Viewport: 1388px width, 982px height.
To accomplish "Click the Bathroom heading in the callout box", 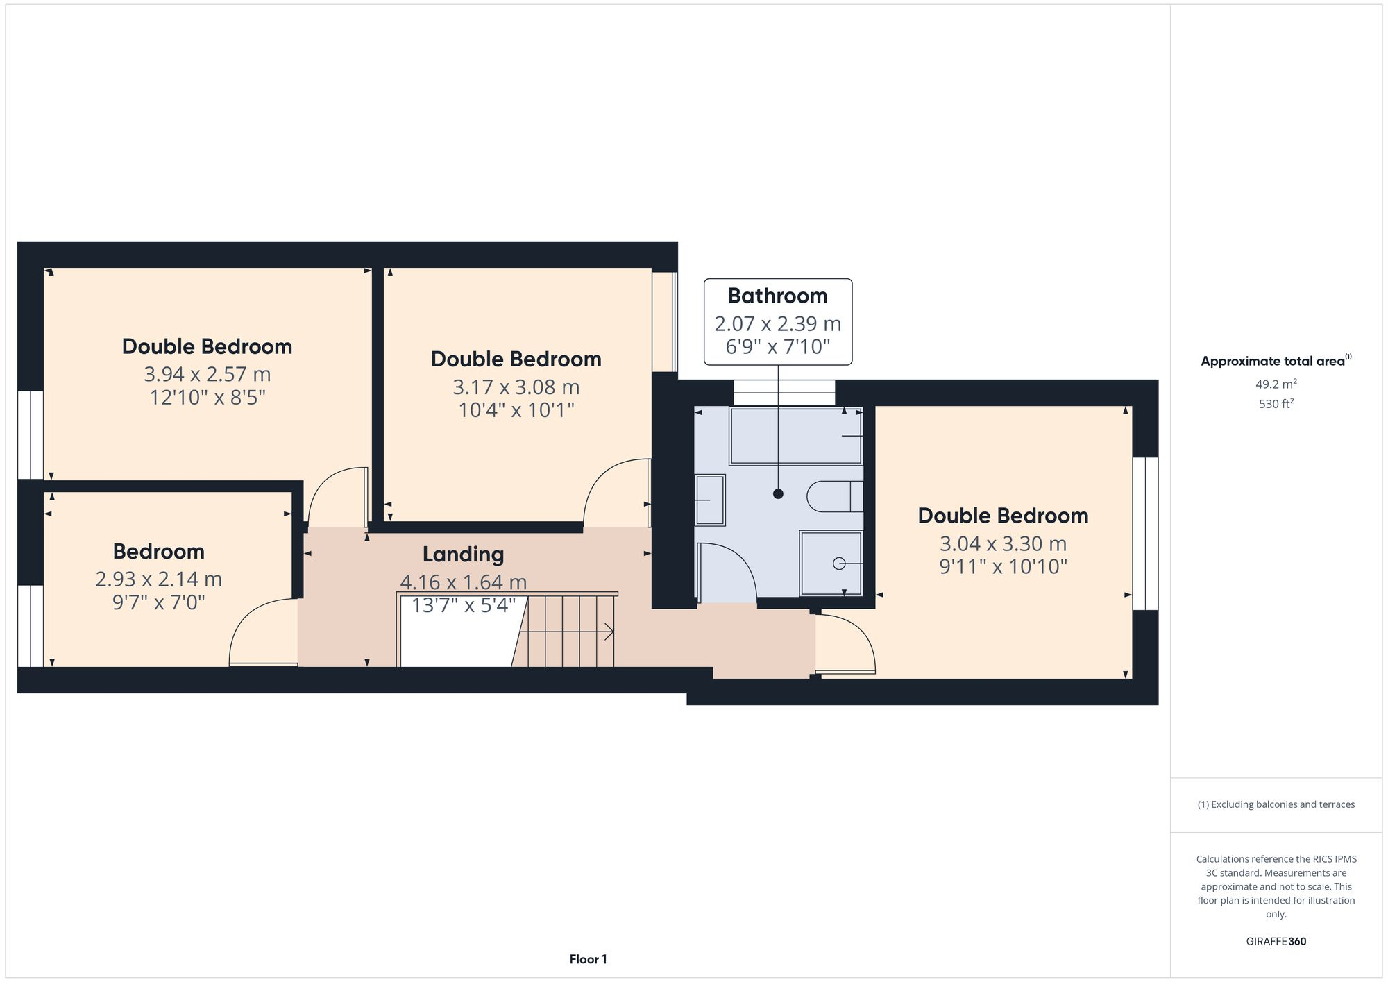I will (777, 296).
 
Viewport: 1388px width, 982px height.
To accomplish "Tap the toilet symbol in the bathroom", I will (833, 496).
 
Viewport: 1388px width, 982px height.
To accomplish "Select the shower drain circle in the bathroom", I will (838, 564).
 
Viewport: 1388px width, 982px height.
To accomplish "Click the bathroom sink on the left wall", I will (710, 500).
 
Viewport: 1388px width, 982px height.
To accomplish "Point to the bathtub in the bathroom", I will (795, 436).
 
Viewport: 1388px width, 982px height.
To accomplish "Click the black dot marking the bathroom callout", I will (778, 494).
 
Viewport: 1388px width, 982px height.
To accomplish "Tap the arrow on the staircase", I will (608, 632).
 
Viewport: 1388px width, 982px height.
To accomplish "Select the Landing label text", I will (463, 555).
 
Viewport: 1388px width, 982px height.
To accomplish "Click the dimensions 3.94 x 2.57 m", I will (207, 375).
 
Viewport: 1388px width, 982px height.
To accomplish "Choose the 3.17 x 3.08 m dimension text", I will (516, 387).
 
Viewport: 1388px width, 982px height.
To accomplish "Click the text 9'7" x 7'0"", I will (159, 602).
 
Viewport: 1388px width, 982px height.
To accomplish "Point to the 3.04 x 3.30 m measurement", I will (1003, 544).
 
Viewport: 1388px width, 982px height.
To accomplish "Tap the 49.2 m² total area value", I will (1276, 384).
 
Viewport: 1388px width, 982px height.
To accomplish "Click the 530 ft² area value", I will (1276, 404).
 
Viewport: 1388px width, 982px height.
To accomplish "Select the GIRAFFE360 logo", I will (1276, 942).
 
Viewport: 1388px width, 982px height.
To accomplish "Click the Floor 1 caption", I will (588, 960).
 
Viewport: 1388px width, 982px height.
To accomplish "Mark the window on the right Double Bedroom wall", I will (1145, 533).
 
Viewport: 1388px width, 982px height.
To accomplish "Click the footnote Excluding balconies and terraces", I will (1276, 805).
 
